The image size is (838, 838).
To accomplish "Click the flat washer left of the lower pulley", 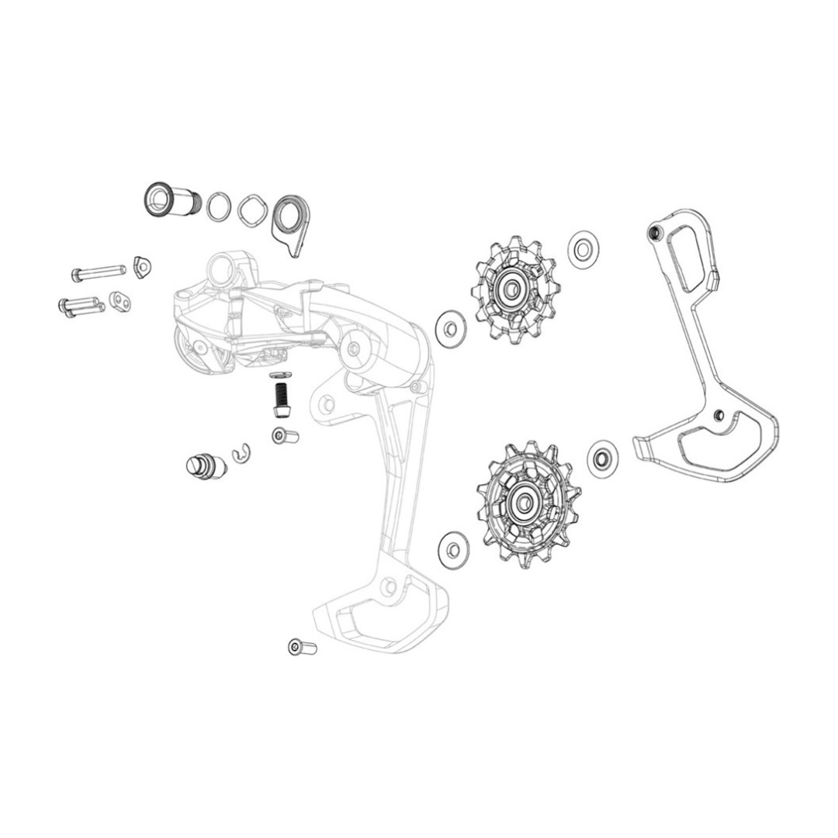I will click(453, 549).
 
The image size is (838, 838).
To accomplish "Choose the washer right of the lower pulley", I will click(603, 457).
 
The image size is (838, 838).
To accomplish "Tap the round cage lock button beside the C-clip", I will click(204, 466).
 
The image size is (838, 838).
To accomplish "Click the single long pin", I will click(98, 272).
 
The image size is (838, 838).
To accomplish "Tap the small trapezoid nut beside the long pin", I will click(142, 267).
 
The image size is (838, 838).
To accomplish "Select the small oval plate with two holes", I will click(120, 300).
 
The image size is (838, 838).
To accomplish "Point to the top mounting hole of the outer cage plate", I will click(654, 231).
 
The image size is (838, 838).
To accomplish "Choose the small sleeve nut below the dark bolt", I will click(284, 436).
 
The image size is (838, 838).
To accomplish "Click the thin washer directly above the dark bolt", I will click(279, 376).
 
